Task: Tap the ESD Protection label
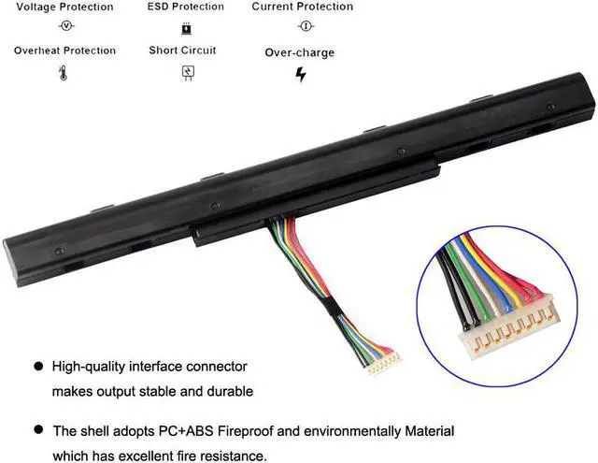point(186,7)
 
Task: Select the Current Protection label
point(304,7)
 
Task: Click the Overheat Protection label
point(64,51)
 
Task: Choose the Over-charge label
point(299,53)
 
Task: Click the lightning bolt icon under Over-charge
point(300,75)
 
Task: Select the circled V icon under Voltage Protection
point(65,26)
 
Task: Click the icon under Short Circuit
point(187,72)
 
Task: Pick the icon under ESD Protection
point(186,27)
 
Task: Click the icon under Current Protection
point(305,27)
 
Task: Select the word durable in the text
point(228,391)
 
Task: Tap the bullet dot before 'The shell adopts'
point(37,431)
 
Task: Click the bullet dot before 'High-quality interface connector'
point(37,366)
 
